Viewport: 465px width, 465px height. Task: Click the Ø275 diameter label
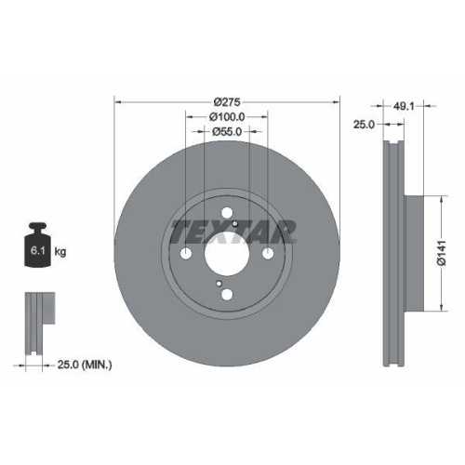pos(227,100)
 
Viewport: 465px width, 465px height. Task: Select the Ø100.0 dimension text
pos(227,117)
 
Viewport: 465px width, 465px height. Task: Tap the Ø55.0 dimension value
pos(227,133)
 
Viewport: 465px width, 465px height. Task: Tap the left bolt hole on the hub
pos(185,255)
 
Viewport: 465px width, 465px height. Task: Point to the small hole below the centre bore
pos(218,282)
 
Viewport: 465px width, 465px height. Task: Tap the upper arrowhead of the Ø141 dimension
pos(438,198)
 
